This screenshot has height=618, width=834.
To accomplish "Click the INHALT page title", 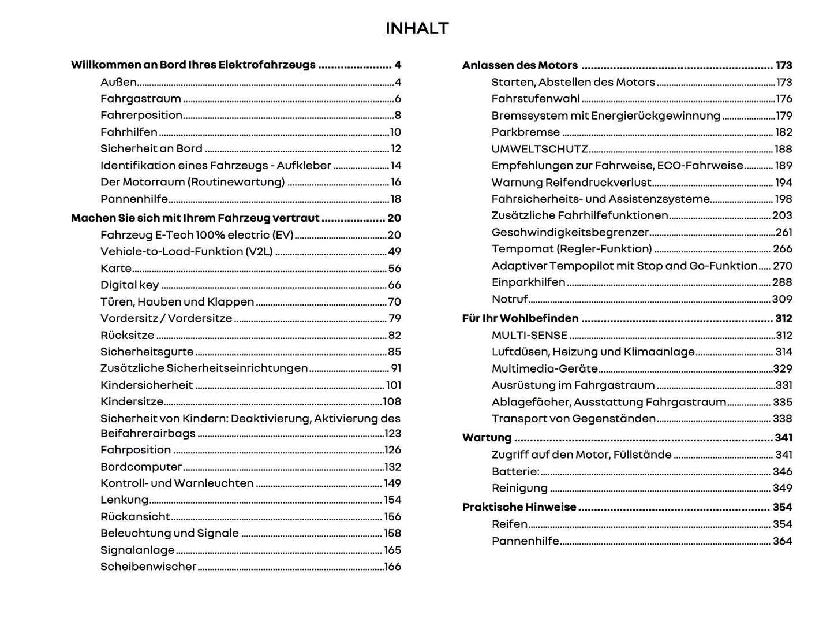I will [x=417, y=28].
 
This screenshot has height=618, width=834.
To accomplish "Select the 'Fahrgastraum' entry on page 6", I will [x=140, y=99].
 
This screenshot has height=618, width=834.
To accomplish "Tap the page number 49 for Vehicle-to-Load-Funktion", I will [x=394, y=251].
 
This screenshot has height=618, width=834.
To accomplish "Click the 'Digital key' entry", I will [x=129, y=285].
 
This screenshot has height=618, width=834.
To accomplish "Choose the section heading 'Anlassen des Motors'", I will [x=519, y=65].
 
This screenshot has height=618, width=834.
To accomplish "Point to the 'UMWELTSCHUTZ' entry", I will [x=539, y=149].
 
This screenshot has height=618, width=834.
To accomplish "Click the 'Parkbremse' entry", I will [x=525, y=132].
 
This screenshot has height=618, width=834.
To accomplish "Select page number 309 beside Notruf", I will [x=782, y=299].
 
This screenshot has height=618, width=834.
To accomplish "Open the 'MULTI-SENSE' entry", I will [x=529, y=335].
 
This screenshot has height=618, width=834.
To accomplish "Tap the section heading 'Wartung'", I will [x=487, y=438].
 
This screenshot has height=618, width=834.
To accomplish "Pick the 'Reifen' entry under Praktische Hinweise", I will [x=509, y=524].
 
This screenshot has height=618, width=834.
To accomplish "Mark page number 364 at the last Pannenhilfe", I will [x=782, y=541].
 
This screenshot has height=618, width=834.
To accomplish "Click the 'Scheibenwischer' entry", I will [x=148, y=567].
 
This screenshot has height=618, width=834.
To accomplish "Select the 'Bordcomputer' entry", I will [x=141, y=467].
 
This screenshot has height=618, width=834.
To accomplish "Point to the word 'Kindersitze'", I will [x=132, y=401].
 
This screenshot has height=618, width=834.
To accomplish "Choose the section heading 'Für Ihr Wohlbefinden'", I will [x=520, y=318].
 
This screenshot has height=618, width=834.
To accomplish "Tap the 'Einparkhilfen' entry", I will [x=528, y=282].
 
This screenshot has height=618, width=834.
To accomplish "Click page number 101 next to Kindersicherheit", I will [x=393, y=385].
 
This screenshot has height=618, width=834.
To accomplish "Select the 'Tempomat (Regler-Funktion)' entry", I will [x=571, y=249].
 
